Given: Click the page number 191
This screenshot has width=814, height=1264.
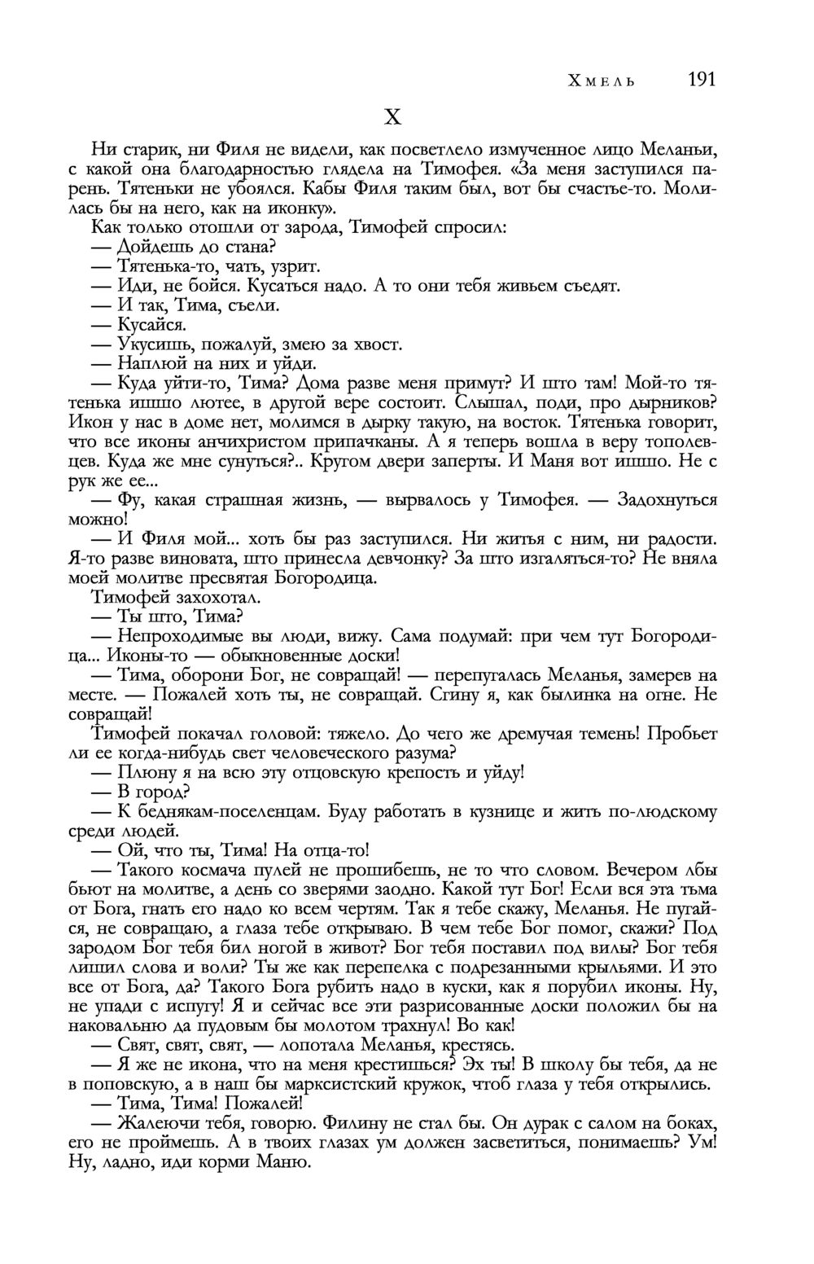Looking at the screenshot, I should [701, 80].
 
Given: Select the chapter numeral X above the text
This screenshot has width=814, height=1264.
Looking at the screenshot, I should [392, 118].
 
